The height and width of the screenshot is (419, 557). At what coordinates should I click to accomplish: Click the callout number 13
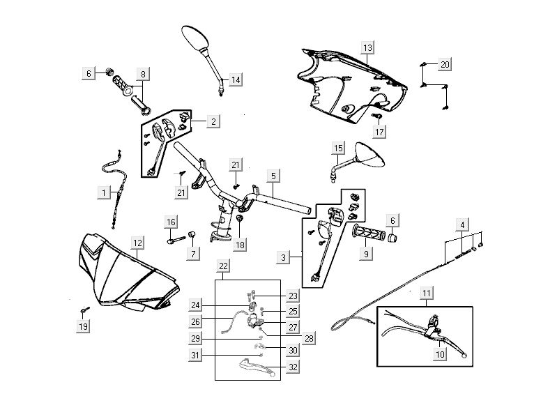[367, 47]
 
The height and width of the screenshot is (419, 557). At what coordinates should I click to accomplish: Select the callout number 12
[138, 243]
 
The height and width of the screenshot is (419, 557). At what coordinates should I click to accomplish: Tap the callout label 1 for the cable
[103, 191]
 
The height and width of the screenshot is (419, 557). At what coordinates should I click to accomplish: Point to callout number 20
[444, 65]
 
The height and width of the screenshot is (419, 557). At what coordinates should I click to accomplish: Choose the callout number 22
[223, 266]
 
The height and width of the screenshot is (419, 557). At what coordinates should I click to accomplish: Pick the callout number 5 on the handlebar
[273, 176]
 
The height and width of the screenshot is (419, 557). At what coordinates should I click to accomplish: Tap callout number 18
[241, 245]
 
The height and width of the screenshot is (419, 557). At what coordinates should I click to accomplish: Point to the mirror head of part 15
[370, 155]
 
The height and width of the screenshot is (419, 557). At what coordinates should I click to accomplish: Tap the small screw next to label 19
[84, 308]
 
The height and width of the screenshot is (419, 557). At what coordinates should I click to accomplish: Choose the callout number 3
[283, 258]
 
